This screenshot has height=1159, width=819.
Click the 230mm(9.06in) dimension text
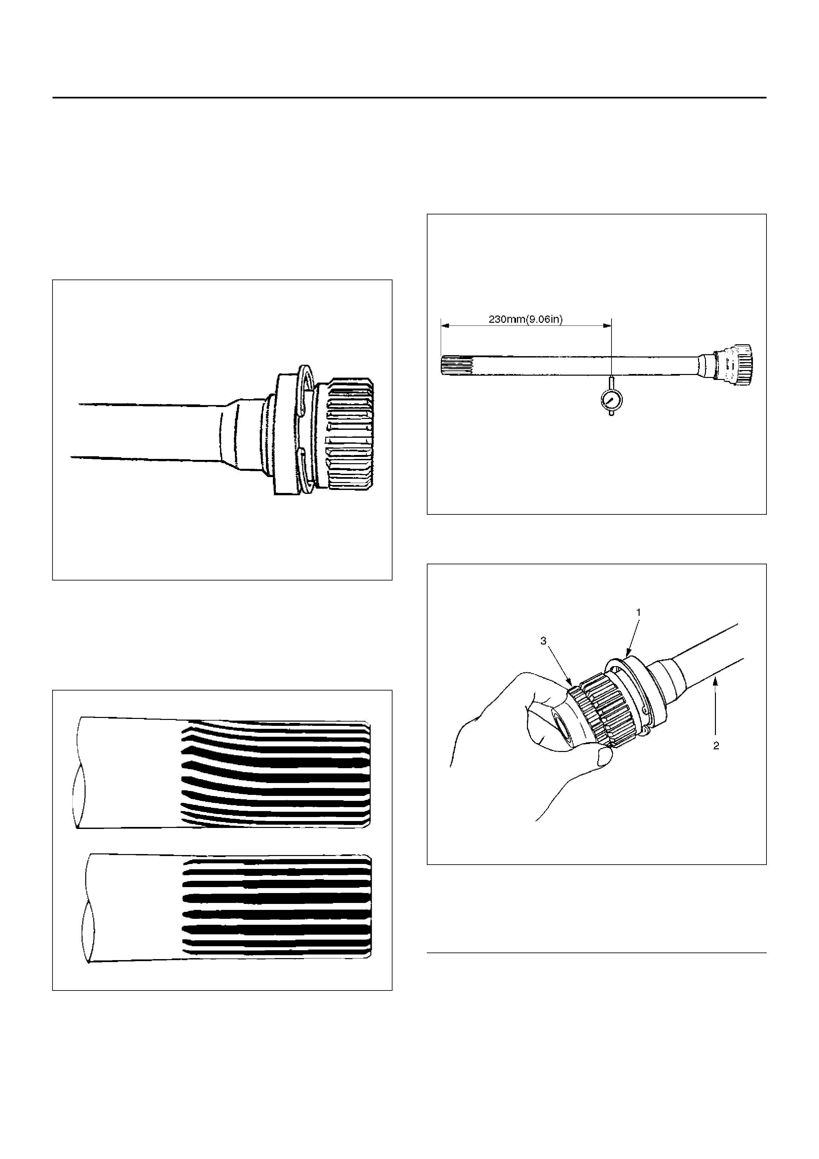tap(525, 319)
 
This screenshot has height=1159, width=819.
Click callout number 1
tap(638, 612)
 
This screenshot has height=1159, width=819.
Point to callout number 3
tap(543, 641)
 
